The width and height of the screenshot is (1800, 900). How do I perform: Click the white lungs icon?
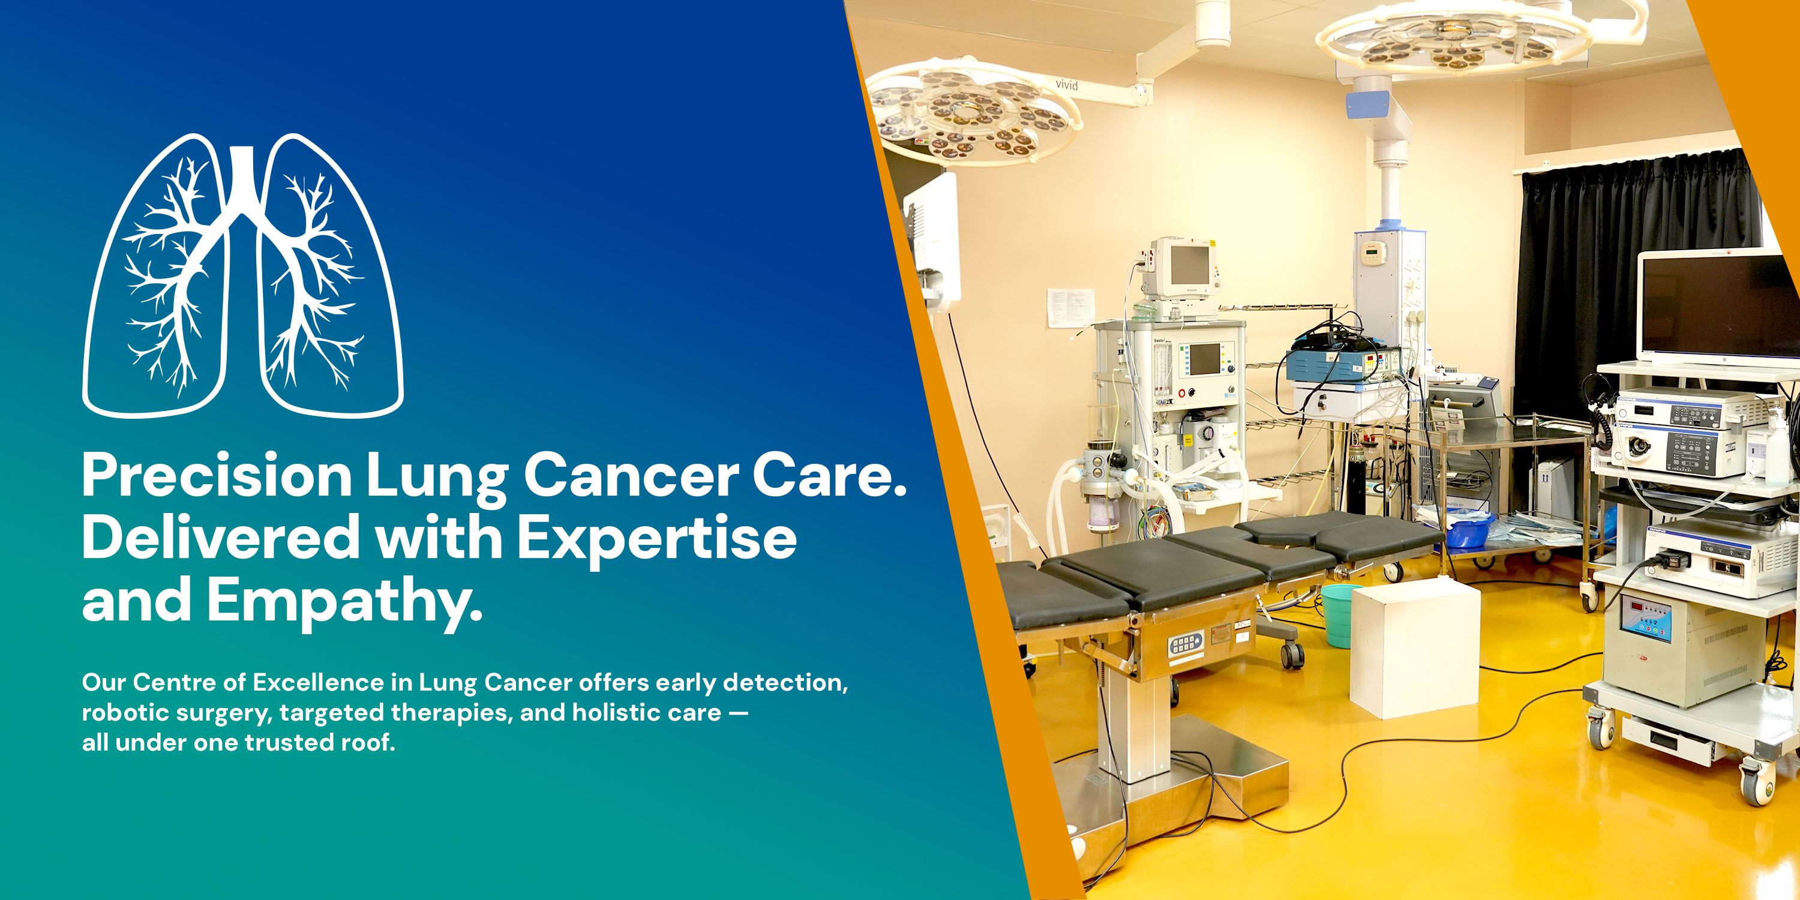click(x=242, y=276)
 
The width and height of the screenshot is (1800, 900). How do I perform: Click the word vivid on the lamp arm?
click(x=1066, y=85)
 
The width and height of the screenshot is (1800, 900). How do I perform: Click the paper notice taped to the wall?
click(x=1069, y=307)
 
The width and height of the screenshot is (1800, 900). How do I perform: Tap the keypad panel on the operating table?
click(x=1185, y=644)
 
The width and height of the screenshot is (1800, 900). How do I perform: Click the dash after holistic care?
click(x=738, y=713)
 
